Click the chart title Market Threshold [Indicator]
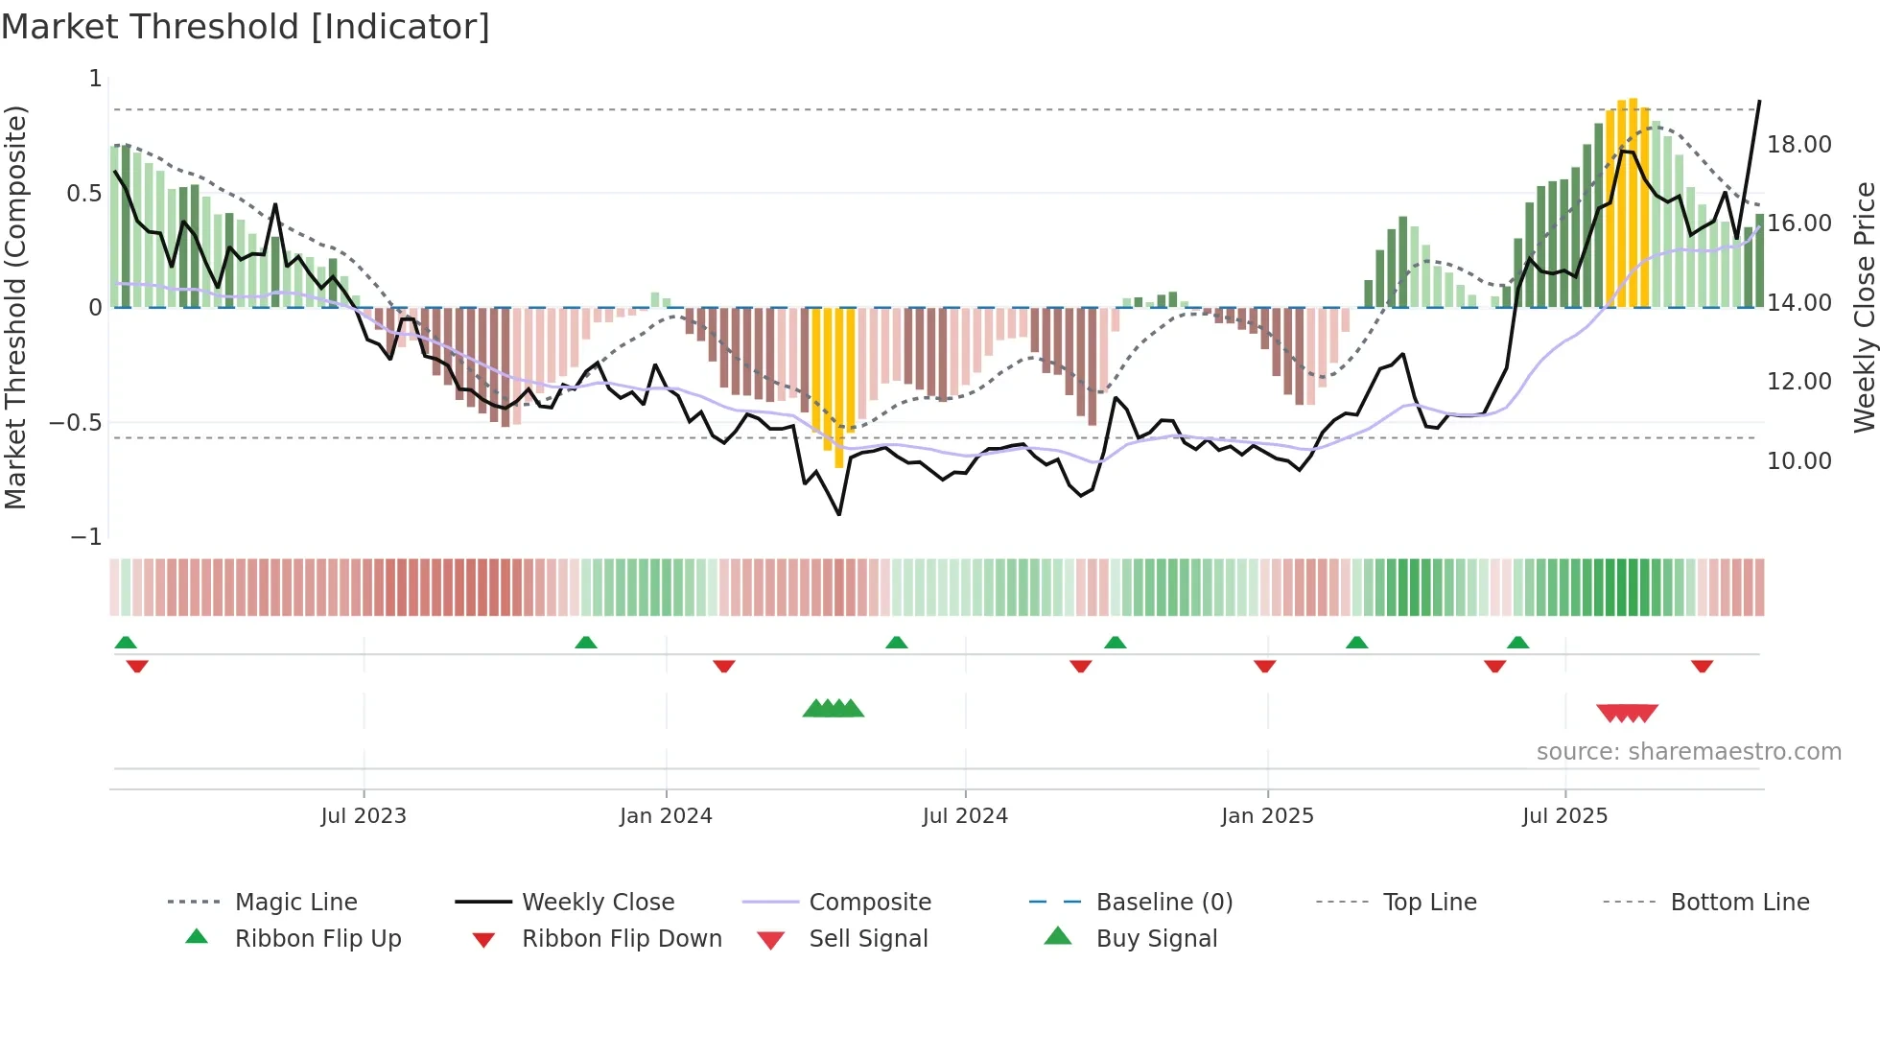pos(246,27)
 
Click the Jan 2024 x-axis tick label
pos(666,815)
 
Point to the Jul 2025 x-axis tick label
pos(1564,815)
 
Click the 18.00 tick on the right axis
pos(1798,145)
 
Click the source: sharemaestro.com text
pos(1688,751)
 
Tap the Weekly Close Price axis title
pos(1864,307)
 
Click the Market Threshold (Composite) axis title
pos(15,307)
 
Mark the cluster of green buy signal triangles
pos(833,709)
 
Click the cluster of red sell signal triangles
pos(1627,713)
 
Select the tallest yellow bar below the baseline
pos(839,388)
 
